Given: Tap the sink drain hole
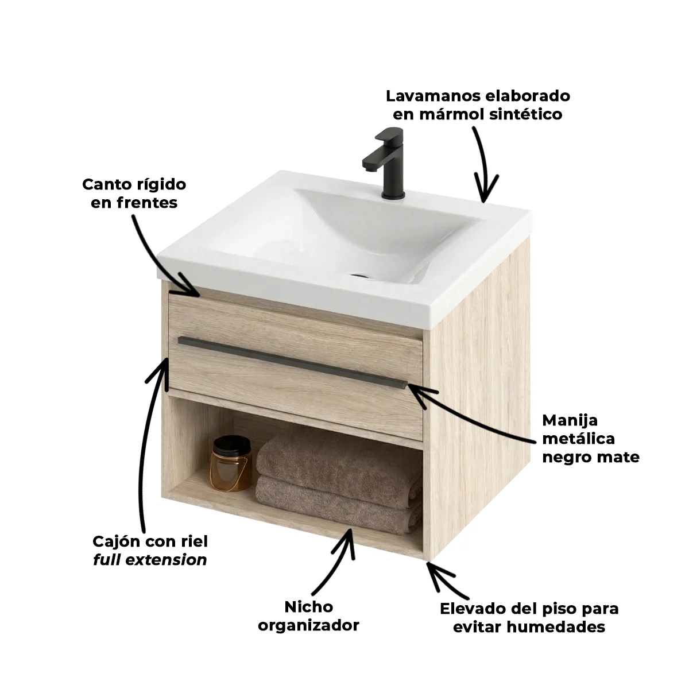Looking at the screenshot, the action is coord(359,276).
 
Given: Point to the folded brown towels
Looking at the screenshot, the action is coord(339,482).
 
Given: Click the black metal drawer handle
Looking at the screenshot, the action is coord(292,362).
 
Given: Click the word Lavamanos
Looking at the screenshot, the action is coord(431,96).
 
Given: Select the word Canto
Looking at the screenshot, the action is coord(107,184).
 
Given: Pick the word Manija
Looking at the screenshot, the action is coord(570,421).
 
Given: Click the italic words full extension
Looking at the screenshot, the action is coord(150,560).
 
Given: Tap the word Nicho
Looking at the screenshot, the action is coord(308,607).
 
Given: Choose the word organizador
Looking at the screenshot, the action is coord(308,625).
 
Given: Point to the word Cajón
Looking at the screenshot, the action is coord(116,541).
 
